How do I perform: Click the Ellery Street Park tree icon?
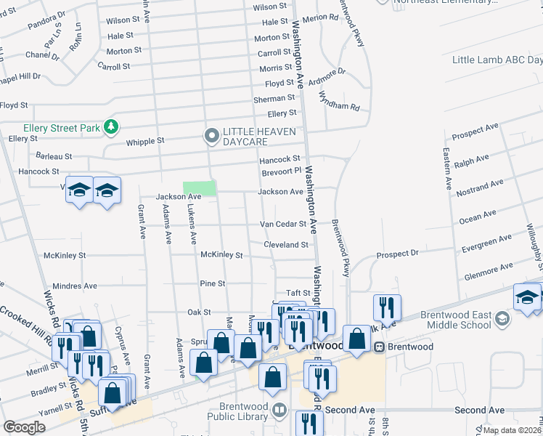coord(110,128)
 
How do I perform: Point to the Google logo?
coord(24,427)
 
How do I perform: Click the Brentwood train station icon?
coord(379,347)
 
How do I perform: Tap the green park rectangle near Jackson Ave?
coord(200,188)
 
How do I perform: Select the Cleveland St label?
coord(286,245)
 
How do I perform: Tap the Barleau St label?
coord(54,156)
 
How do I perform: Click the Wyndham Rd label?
coord(342,106)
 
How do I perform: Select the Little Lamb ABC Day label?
coord(496,60)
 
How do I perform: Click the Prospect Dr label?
coord(398,254)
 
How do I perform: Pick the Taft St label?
coord(298,293)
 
